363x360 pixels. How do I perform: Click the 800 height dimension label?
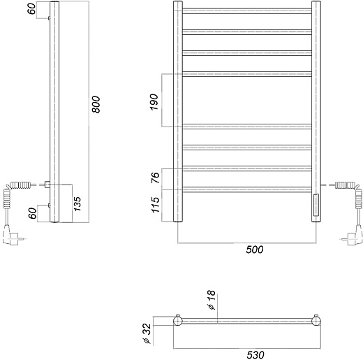coord(96,104)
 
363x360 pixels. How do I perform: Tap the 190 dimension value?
coord(154,102)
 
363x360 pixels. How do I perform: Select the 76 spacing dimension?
coord(156,178)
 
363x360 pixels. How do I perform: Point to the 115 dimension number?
coord(156,205)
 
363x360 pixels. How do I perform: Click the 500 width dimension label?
coord(255,250)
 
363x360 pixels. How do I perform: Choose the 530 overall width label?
coord(255,355)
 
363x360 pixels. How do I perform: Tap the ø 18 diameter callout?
coord(212,300)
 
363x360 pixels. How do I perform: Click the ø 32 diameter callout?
coord(147,333)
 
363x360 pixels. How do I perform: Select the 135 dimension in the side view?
coord(77,204)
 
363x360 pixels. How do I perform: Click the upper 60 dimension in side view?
coord(32,9)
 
